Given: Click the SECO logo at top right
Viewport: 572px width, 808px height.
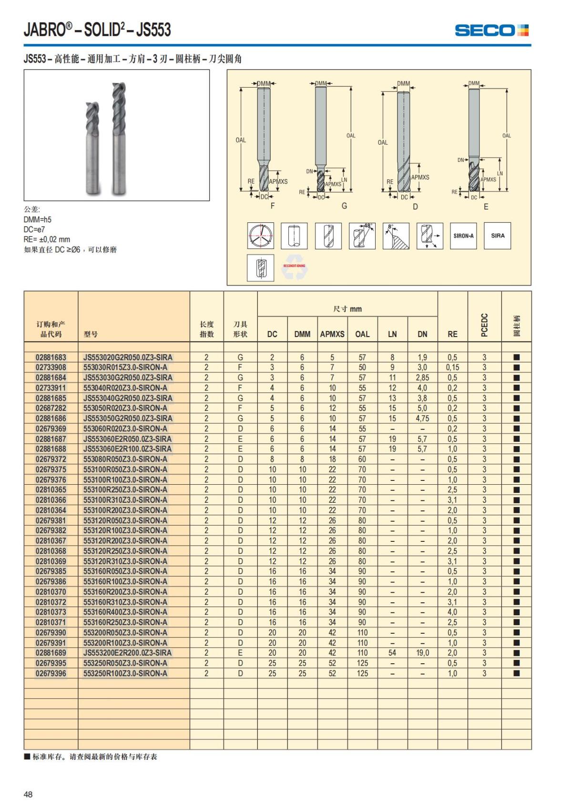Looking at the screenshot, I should (x=491, y=30).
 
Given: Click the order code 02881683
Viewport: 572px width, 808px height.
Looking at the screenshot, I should (x=51, y=357).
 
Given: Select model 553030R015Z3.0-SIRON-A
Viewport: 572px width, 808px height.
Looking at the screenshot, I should (x=125, y=368).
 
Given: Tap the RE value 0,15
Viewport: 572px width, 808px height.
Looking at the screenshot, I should (x=452, y=368).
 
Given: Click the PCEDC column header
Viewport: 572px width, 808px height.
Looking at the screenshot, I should (x=484, y=325).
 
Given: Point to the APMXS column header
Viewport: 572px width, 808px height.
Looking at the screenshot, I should (x=332, y=334).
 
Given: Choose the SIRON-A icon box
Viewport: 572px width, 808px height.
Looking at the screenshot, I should (x=463, y=236).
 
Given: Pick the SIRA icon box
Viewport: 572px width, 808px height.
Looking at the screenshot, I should (x=498, y=236).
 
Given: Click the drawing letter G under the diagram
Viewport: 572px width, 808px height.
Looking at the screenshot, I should (x=344, y=206).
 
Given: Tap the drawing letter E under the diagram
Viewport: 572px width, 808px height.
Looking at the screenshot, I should (x=486, y=207).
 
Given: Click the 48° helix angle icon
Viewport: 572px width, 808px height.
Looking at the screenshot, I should (x=362, y=236).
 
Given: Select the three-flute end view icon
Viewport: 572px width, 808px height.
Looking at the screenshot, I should (x=261, y=236).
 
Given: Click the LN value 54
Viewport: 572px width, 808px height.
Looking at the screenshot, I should (x=392, y=653).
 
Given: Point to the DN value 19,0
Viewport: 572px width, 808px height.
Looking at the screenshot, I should (x=422, y=653).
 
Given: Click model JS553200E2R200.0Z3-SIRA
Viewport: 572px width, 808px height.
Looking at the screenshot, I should (x=127, y=653).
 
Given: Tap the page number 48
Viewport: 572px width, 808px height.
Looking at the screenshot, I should (x=28, y=794).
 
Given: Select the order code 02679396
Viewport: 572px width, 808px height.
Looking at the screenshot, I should (x=51, y=673).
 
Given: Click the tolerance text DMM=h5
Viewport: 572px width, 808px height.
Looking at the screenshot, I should (x=38, y=219).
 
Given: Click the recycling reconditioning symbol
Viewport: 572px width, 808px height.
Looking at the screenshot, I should (x=294, y=268).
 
